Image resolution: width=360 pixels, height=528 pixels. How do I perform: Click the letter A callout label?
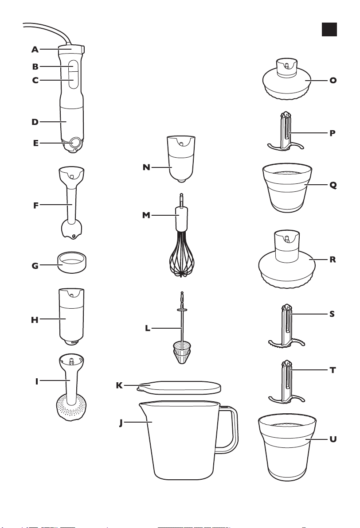click(x=35, y=50)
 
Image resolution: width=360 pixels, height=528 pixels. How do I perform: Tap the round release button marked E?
click(x=75, y=143)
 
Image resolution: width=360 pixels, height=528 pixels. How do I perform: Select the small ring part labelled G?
click(x=71, y=262)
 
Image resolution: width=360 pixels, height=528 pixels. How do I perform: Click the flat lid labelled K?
click(x=179, y=387)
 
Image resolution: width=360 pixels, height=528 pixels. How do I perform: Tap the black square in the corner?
click(x=329, y=29)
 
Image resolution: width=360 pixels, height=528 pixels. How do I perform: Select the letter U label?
click(x=333, y=439)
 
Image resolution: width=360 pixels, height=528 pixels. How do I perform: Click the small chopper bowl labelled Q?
click(x=287, y=188)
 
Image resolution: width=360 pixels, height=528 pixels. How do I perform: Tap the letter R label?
click(x=333, y=260)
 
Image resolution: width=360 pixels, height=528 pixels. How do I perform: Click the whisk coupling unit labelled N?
click(x=181, y=159)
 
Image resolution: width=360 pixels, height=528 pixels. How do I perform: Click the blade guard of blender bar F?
click(x=72, y=229)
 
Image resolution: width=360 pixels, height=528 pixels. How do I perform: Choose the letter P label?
click(x=333, y=133)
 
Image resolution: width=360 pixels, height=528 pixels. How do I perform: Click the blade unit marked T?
click(x=286, y=382)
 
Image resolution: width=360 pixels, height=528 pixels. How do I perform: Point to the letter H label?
click(x=35, y=320)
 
